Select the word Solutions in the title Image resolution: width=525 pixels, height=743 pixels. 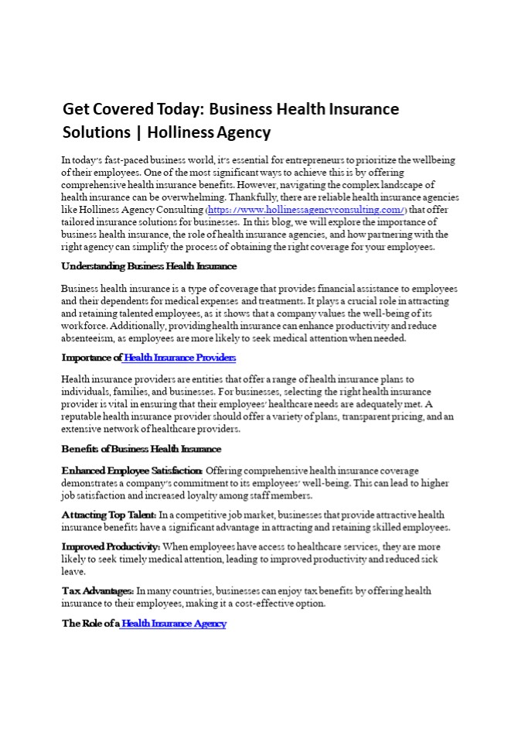(97, 132)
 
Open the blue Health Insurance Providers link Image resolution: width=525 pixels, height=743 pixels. (179, 358)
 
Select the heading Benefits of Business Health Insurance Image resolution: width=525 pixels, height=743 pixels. (141, 449)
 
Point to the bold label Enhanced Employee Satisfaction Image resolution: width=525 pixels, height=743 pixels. (132, 471)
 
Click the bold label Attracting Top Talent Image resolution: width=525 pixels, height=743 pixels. (109, 515)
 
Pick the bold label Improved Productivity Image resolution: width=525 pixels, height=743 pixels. (111, 546)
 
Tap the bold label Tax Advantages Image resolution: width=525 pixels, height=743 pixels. (97, 591)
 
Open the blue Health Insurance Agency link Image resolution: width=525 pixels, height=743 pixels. (174, 624)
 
